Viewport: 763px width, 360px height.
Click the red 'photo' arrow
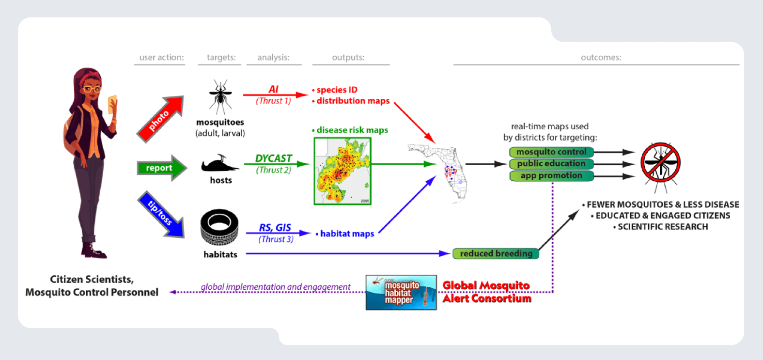tap(160, 119)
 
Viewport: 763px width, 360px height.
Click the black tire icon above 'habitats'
tap(219, 227)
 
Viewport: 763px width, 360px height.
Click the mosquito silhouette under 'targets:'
tap(220, 96)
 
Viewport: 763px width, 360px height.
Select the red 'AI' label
tap(274, 90)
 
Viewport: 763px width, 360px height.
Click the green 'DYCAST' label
tap(274, 158)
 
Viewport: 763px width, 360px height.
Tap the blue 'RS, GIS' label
tap(275, 228)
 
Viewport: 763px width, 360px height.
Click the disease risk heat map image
tap(343, 171)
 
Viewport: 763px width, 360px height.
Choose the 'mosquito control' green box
tap(551, 152)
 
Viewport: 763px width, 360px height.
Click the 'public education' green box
tap(551, 164)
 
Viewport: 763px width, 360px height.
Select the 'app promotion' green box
tap(551, 176)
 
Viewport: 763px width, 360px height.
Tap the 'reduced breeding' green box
tap(496, 253)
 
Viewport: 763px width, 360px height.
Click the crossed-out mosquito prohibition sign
tap(660, 163)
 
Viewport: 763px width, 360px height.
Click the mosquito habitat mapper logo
tap(401, 293)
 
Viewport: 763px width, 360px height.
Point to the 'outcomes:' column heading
tap(601, 58)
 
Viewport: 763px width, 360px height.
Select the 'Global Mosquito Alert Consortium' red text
tap(487, 292)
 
